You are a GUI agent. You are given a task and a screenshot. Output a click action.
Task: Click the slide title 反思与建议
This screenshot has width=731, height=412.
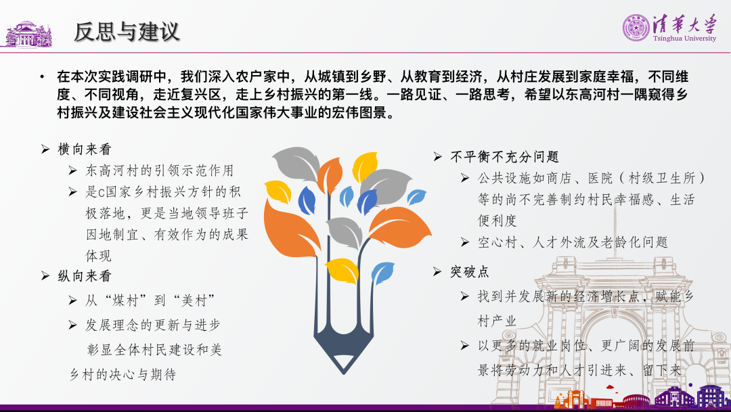(x=127, y=32)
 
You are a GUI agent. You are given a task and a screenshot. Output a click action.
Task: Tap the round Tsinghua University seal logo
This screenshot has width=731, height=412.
(x=636, y=28)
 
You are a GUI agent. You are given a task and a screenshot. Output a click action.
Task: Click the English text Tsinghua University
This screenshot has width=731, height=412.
(x=684, y=38)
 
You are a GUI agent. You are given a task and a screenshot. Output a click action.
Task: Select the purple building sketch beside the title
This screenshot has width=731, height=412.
(x=28, y=35)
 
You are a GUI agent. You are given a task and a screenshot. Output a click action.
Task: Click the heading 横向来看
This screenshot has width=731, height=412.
(x=85, y=149)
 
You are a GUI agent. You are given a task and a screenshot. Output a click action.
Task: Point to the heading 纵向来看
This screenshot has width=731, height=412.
(x=85, y=276)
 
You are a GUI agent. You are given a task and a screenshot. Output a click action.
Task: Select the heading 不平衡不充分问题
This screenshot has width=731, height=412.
(x=504, y=156)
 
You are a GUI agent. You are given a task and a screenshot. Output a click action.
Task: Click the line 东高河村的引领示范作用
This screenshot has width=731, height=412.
(x=160, y=170)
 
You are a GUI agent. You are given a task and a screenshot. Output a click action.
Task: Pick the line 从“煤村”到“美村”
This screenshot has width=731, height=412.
(x=150, y=300)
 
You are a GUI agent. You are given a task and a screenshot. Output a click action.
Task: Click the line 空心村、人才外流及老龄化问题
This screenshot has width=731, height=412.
(x=573, y=242)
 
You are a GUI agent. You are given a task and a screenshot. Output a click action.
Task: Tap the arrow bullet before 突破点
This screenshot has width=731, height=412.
(x=437, y=271)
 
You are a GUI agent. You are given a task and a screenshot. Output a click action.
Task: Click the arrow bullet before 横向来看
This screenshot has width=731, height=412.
(x=45, y=149)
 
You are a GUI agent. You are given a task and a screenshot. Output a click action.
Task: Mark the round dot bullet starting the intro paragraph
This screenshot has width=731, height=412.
(x=43, y=76)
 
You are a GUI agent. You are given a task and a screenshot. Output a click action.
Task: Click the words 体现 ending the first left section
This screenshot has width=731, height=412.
(x=98, y=256)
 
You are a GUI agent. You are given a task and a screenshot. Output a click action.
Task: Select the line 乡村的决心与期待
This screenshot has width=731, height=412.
(x=123, y=374)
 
